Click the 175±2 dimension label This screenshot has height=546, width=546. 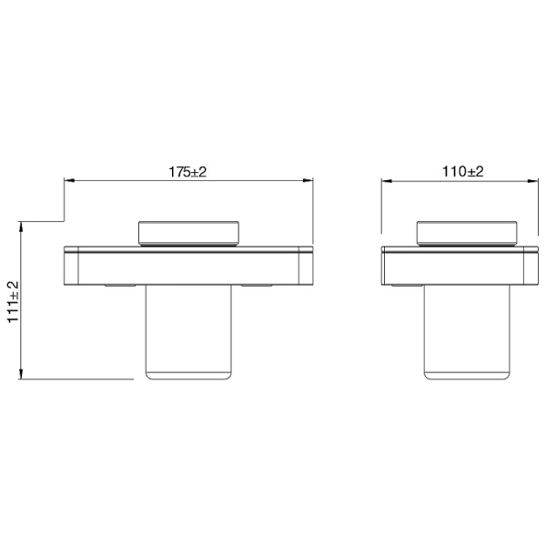click(x=188, y=171)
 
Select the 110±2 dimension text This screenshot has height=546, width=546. click(x=463, y=171)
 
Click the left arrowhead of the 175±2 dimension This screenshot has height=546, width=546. click(x=66, y=181)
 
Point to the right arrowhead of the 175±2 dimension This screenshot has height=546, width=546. click(x=310, y=181)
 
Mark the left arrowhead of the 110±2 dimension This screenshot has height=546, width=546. click(x=386, y=181)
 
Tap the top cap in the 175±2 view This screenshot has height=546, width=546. click(x=188, y=233)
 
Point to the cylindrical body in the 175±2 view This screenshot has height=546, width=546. click(x=188, y=332)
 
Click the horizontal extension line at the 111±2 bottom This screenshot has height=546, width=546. click(x=55, y=379)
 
